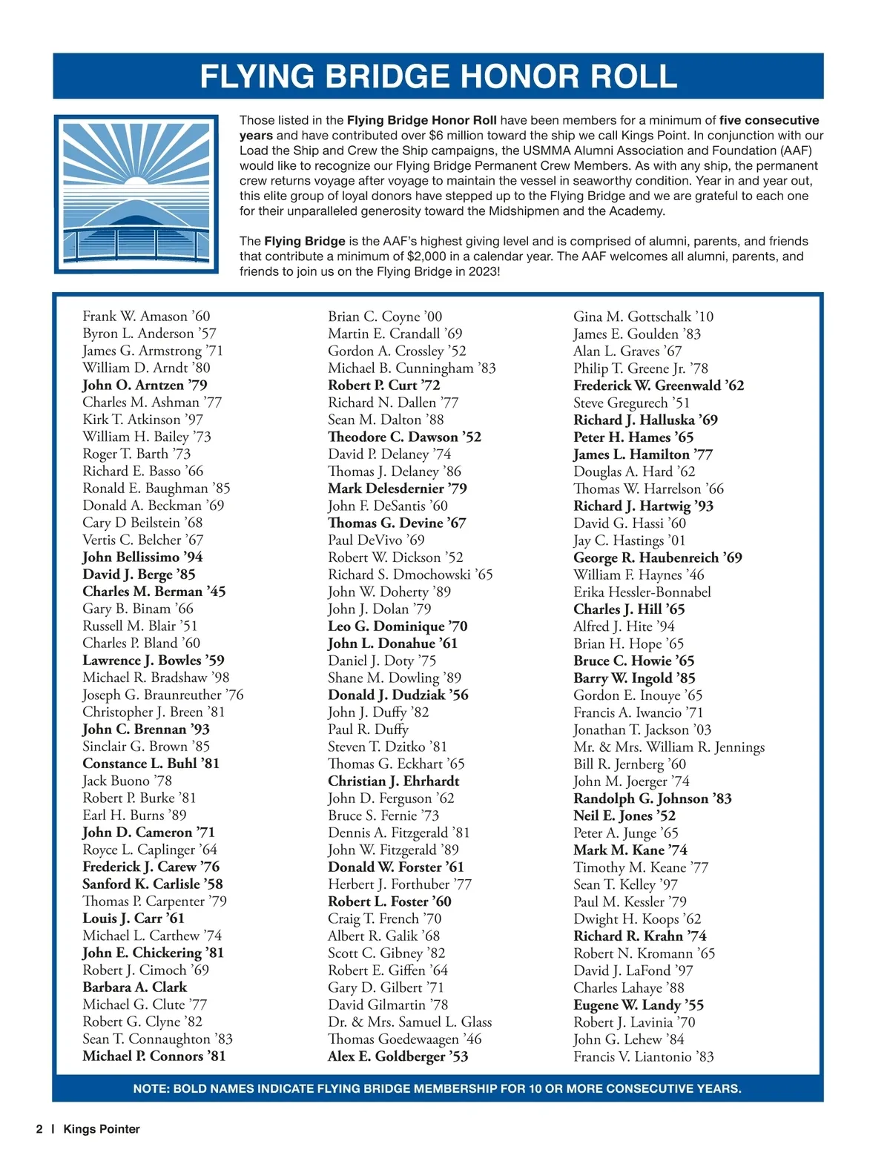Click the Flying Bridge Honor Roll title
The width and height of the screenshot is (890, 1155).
(438, 76)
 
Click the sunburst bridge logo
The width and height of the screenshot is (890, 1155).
(136, 194)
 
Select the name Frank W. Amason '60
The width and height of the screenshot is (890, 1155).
(146, 317)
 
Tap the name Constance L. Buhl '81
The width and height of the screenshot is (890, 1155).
(151, 764)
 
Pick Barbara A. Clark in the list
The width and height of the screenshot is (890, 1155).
(134, 987)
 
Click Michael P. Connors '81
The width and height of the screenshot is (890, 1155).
(154, 1056)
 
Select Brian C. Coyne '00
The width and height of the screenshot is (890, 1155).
(385, 317)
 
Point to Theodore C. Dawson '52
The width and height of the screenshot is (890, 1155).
(404, 437)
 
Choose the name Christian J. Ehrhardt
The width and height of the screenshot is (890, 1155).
(393, 781)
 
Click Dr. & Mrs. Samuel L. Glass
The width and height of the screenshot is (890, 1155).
(409, 1022)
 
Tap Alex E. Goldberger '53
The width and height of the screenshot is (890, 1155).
(398, 1056)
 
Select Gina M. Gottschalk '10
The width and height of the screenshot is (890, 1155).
(643, 317)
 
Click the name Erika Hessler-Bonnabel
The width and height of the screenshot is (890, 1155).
(642, 592)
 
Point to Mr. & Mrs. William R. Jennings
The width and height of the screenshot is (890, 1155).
(668, 747)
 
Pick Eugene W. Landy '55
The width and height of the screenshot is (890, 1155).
(638, 1005)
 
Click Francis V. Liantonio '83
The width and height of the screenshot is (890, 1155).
(643, 1057)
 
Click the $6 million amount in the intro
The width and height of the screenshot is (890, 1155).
(458, 136)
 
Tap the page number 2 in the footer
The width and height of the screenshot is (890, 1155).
(39, 1129)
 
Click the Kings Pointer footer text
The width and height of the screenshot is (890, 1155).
(102, 1129)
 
